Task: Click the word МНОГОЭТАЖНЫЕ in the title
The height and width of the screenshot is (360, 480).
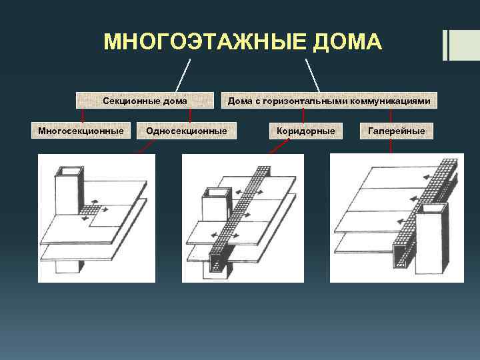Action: click(199, 42)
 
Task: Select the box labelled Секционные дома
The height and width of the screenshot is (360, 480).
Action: click(145, 101)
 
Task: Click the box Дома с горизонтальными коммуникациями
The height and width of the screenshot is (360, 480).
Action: click(329, 101)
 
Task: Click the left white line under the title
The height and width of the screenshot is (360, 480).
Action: click(183, 75)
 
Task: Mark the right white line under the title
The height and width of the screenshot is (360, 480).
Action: click(313, 75)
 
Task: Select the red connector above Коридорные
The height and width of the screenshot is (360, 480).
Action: click(304, 116)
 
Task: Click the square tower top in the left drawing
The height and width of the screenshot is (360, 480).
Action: click(67, 175)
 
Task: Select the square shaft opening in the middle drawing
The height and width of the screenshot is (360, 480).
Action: click(215, 194)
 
